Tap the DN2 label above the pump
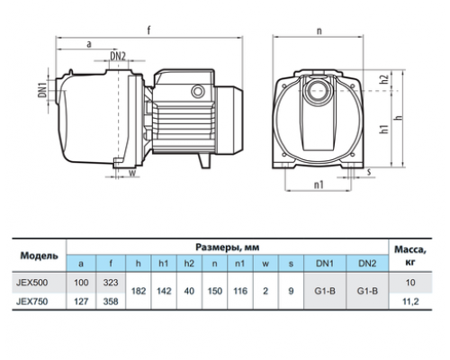click(118, 56)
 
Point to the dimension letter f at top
click(148, 30)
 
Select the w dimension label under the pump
click(132, 173)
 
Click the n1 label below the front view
click(319, 184)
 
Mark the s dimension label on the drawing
click(369, 172)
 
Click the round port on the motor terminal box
click(198, 92)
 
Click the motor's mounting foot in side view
click(204, 160)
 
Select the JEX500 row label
click(31, 283)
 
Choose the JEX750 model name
click(31, 301)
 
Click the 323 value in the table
click(111, 283)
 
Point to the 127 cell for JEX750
click(81, 301)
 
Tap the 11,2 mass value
click(410, 301)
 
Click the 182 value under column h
click(139, 291)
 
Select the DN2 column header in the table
click(367, 264)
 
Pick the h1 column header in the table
click(164, 264)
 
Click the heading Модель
click(39, 256)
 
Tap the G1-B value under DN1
click(325, 291)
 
